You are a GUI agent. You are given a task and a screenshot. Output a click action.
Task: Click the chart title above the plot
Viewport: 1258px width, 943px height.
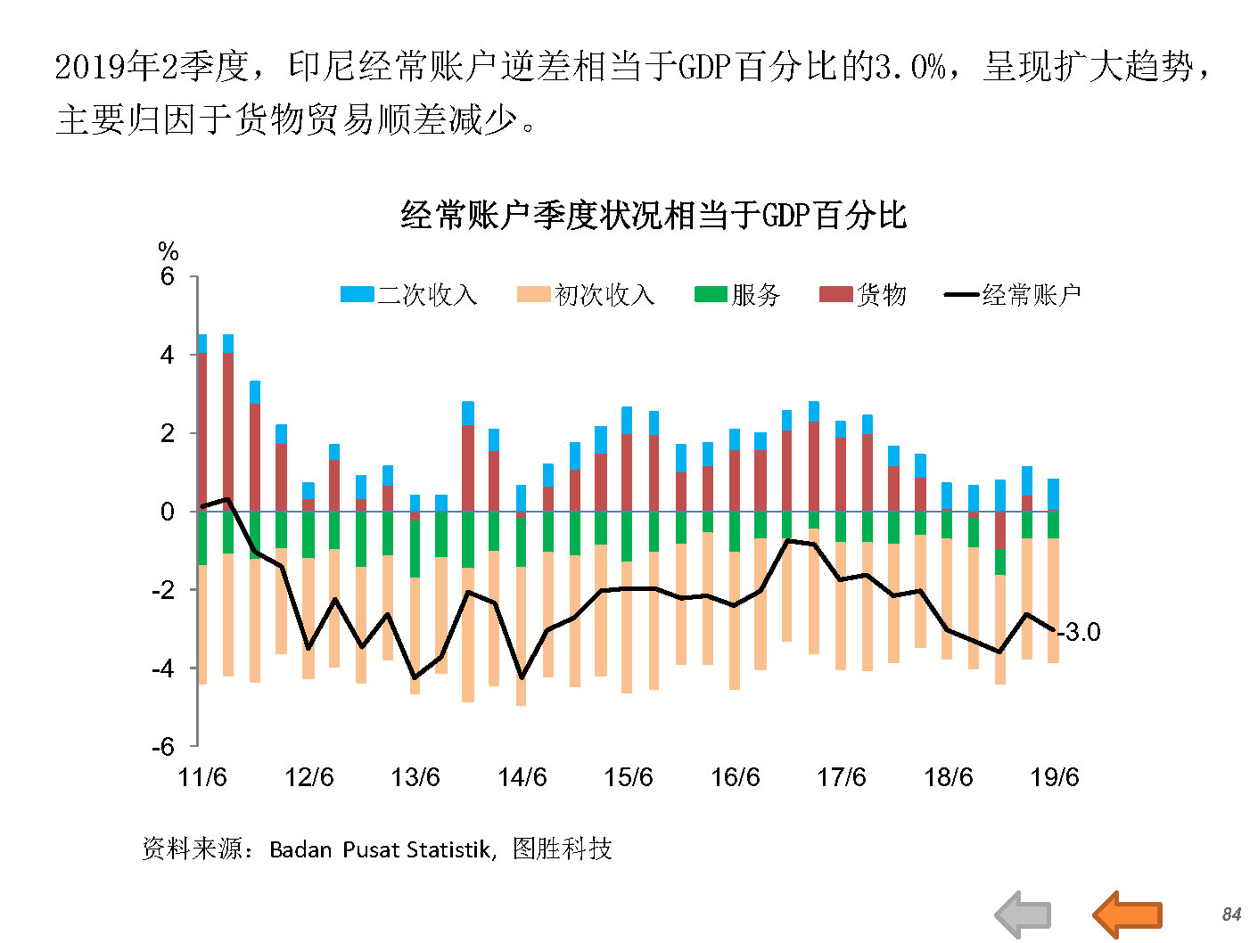pos(654,215)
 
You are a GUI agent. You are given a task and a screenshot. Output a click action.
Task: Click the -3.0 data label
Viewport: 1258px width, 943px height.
pos(1080,632)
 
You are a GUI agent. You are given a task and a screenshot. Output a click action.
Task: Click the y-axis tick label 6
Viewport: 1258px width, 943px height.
pos(167,276)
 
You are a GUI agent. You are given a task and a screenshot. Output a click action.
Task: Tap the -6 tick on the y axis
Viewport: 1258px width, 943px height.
pos(163,746)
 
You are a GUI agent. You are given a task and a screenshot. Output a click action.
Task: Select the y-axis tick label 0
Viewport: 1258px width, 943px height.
pos(167,512)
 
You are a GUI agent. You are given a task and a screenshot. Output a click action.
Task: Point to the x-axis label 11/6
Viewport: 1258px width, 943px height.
pos(202,777)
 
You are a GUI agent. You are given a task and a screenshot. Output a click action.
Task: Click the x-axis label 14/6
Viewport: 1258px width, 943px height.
pos(522,777)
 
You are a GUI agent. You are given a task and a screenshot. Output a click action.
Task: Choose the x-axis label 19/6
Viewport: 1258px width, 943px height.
pos(1054,777)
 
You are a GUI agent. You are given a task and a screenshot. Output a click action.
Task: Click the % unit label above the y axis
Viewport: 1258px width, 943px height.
pos(168,251)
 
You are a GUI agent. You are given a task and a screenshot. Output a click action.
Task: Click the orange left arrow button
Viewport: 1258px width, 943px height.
pos(1127,914)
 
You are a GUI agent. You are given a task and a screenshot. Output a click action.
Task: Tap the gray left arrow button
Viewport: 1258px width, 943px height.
pos(1023,914)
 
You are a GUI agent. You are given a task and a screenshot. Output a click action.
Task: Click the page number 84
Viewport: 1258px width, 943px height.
pos(1231,914)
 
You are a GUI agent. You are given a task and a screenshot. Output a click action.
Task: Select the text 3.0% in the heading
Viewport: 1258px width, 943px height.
pos(909,67)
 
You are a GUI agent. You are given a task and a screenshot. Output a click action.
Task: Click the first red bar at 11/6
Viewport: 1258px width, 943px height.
pos(202,431)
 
